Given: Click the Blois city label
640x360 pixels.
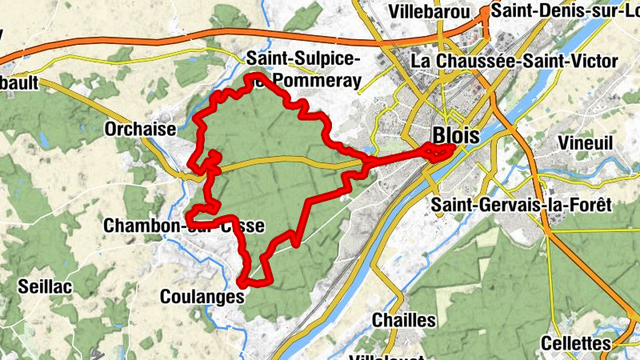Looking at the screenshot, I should click(x=455, y=135).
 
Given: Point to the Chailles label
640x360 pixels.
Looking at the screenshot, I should click(x=404, y=320).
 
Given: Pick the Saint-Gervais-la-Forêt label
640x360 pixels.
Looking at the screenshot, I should click(x=521, y=205).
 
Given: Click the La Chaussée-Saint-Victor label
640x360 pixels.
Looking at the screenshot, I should click(x=514, y=61).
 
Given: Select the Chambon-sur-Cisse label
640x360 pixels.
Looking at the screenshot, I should click(x=183, y=226).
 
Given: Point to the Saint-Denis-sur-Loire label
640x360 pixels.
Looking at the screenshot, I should click(x=564, y=10).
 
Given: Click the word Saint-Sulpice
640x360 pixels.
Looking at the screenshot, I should click(x=303, y=58).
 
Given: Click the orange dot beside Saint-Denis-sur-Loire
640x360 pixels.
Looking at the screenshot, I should click(x=485, y=11).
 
